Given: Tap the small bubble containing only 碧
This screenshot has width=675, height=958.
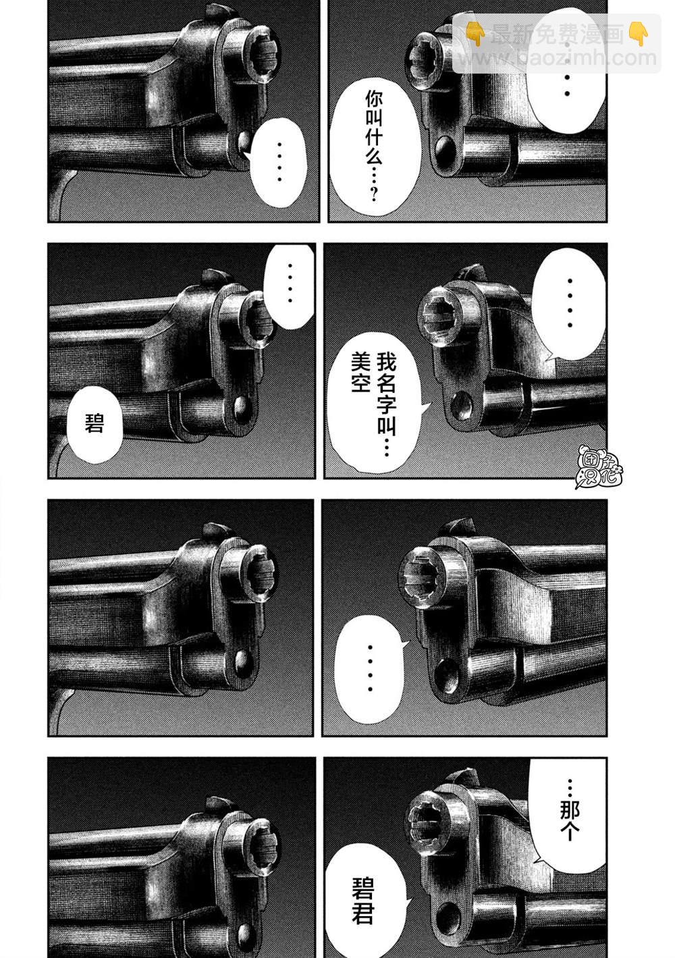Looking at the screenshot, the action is [94, 425].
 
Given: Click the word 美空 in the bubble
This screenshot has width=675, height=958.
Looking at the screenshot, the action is [360, 372].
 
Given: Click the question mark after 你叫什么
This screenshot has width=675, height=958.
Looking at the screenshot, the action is [375, 193].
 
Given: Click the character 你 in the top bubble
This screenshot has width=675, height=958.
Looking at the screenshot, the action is [374, 101].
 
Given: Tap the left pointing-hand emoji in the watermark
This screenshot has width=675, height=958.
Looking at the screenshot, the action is [475, 34].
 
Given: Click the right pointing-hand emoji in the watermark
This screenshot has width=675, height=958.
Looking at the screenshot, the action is [639, 34].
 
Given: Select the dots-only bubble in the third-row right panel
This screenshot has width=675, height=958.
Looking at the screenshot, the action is [370, 668].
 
